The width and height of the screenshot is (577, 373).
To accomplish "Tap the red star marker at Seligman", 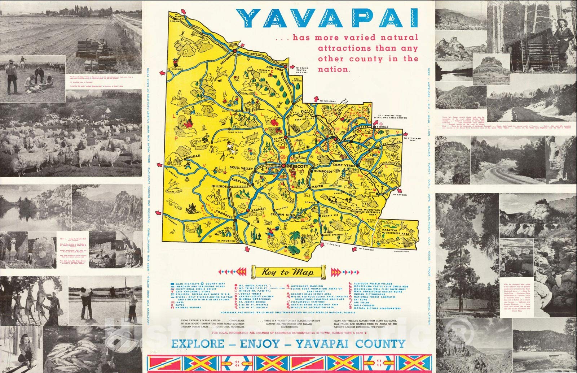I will [234, 51].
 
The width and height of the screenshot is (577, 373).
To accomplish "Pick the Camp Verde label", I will [344, 165].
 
